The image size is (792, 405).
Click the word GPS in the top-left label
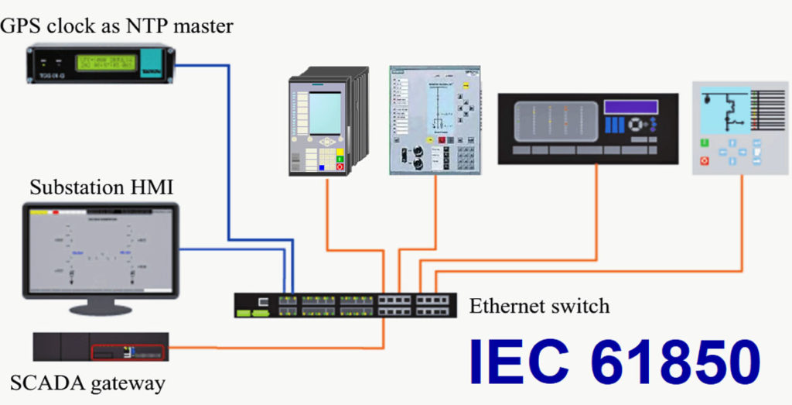click(22, 26)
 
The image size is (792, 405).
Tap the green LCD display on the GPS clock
click(104, 63)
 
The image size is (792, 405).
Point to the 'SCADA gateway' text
click(87, 383)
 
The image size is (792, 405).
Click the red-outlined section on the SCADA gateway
click(128, 352)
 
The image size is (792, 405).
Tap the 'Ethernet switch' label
click(539, 306)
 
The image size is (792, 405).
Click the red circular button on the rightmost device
click(705, 160)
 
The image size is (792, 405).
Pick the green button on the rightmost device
click(705, 142)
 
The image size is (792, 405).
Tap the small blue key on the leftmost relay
click(321, 166)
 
